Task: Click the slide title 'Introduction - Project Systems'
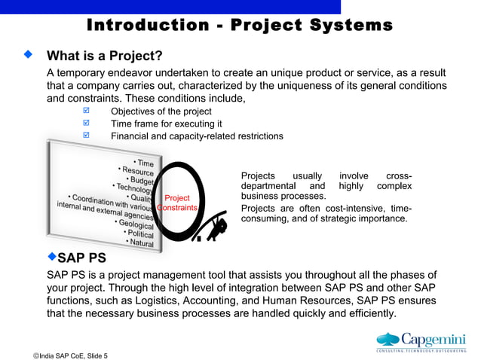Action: [x=240, y=25]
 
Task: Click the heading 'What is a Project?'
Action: [x=105, y=56]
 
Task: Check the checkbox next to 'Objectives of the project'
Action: [x=86, y=111]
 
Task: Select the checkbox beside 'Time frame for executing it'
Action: [x=86, y=124]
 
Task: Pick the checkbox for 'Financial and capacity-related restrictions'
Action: [x=86, y=136]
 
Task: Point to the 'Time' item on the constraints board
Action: [x=144, y=163]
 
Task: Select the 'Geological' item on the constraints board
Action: [x=136, y=224]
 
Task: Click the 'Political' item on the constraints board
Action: [x=139, y=233]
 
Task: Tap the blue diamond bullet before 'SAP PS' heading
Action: [x=52, y=257]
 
